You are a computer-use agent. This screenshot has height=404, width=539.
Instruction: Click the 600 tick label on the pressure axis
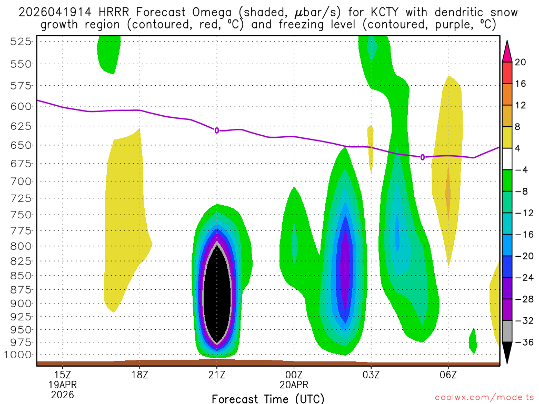[x=18, y=106]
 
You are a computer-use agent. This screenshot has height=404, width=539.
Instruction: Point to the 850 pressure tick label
[x=18, y=275]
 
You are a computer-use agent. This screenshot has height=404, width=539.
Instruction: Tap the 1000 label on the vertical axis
[x=15, y=355]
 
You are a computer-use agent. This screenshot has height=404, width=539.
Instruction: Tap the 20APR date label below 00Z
[x=293, y=385]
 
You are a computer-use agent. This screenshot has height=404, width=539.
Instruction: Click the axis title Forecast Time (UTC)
[x=268, y=398]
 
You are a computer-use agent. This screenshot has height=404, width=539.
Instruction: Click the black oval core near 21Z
[x=217, y=297]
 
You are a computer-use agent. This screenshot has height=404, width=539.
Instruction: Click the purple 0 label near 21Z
[x=216, y=130]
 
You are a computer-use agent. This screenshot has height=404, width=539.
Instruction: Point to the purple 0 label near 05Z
[x=423, y=157]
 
